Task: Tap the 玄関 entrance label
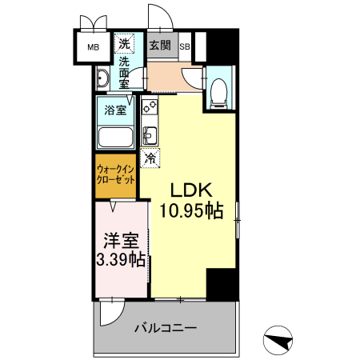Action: [x=159, y=46]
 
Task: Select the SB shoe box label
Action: [x=184, y=46]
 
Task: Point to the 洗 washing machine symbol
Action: [x=125, y=43]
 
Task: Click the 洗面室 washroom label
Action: [x=125, y=73]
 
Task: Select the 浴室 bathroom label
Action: [x=117, y=110]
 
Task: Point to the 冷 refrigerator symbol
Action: [x=150, y=158]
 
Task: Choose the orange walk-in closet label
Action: [x=115, y=175]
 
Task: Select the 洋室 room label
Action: [x=122, y=239]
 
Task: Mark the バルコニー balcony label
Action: [x=165, y=328]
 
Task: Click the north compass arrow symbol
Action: [x=277, y=341]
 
